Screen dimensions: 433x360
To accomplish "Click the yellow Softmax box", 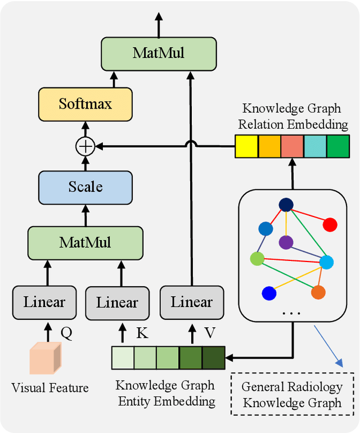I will pyautogui.click(x=85, y=103).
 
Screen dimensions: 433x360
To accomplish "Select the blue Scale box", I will pyautogui.click(x=85, y=186).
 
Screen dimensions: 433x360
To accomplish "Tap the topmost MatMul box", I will pyautogui.click(x=158, y=53).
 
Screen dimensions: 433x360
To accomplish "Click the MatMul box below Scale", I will pyautogui.click(x=85, y=242).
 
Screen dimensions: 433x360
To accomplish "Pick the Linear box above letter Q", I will pyautogui.click(x=44, y=302).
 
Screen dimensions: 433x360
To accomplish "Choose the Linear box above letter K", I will pyautogui.click(x=117, y=302).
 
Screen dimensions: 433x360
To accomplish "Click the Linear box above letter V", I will pyautogui.click(x=192, y=302).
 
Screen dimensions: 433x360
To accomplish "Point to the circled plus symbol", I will pyautogui.click(x=85, y=147).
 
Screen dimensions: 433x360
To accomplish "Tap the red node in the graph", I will pyautogui.click(x=330, y=225).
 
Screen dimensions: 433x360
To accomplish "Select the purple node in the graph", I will pyautogui.click(x=286, y=242).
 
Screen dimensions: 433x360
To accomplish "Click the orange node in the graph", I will pyautogui.click(x=318, y=292).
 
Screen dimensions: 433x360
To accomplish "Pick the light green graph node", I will pyautogui.click(x=257, y=259).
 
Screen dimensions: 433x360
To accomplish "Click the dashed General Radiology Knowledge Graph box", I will pyautogui.click(x=292, y=395).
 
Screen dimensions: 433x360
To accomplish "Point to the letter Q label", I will pyautogui.click(x=66, y=333).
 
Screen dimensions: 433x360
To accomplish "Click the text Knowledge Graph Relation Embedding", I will pyautogui.click(x=295, y=116).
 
